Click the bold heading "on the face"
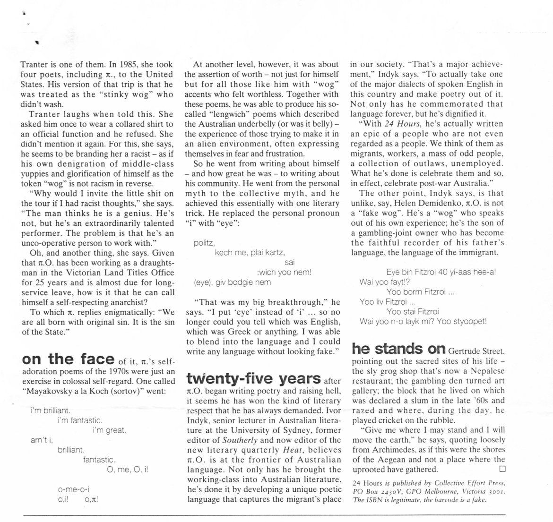[68, 359]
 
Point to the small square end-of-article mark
[502, 469]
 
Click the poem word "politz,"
[205, 243]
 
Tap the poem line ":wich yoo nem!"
[284, 272]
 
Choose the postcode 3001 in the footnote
[497, 492]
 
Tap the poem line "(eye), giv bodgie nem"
[233, 282]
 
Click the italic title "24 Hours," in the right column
[401, 124]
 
